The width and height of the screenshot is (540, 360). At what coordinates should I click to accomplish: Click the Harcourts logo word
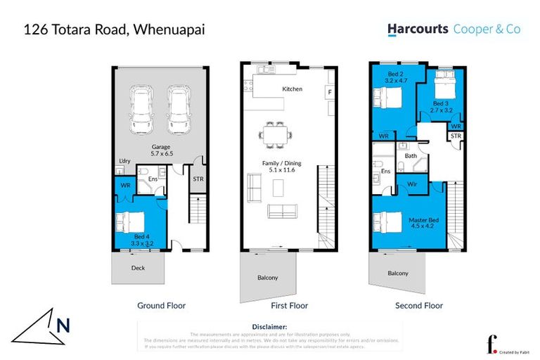pyautogui.click(x=418, y=30)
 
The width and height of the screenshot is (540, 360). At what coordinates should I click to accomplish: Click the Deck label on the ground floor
pyautogui.click(x=139, y=268)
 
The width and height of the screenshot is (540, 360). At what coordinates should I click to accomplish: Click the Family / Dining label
pyautogui.click(x=274, y=165)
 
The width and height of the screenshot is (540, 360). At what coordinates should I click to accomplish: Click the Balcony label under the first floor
pyautogui.click(x=267, y=277)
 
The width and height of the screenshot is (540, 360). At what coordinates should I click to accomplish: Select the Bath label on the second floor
pyautogui.click(x=411, y=156)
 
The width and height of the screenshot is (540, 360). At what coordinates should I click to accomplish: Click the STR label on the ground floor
pyautogui.click(x=198, y=179)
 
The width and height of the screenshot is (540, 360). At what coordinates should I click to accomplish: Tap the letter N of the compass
pyautogui.click(x=63, y=325)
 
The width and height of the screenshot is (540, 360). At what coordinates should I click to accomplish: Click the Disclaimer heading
pyautogui.click(x=269, y=327)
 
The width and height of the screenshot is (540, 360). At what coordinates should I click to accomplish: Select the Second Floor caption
pyautogui.click(x=418, y=306)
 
